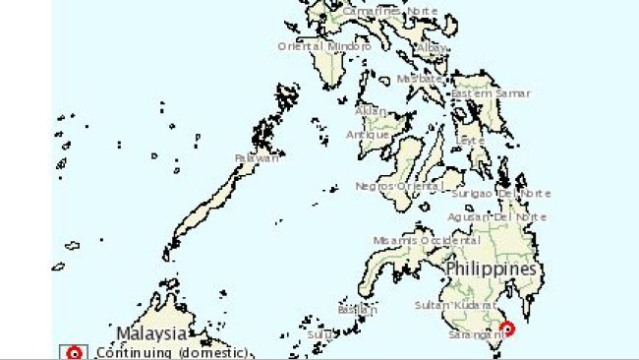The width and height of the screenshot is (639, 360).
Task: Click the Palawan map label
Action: click(257, 158)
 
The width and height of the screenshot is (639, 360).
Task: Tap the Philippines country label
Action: click(491, 269)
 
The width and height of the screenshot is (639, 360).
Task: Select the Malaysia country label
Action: click(151, 332)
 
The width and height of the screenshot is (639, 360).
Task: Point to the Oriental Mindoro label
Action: click(324, 46)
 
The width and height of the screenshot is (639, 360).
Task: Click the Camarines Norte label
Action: click(390, 11)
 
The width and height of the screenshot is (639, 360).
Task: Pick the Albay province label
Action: click(431, 46)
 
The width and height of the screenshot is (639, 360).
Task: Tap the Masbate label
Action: click(420, 80)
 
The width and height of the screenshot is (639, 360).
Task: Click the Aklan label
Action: click(372, 111)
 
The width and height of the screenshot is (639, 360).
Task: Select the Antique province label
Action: click(368, 135)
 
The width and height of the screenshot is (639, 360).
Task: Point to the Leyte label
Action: click(471, 141)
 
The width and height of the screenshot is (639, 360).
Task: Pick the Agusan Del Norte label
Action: click(496, 216)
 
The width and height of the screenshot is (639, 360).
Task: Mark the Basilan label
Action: click(357, 310)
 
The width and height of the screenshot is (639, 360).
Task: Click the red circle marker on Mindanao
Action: click(508, 329)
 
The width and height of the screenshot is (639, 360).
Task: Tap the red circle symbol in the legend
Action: click(74, 353)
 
